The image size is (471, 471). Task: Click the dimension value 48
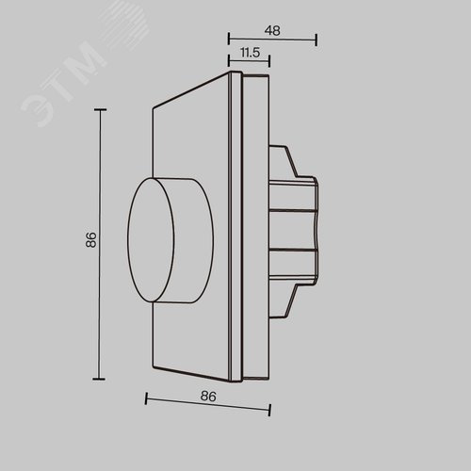coord(272,30)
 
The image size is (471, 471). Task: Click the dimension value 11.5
coord(250,53)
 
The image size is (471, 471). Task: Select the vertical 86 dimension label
coord(91,240)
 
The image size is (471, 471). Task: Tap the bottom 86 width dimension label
coord(208,397)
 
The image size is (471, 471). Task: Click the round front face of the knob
coord(151,240)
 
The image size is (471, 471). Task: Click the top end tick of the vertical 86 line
coord(100,110)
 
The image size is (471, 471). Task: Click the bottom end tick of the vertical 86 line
coord(99,379)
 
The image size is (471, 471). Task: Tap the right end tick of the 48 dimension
coord(317,40)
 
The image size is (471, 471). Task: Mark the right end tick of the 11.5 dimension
coord(269,61)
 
